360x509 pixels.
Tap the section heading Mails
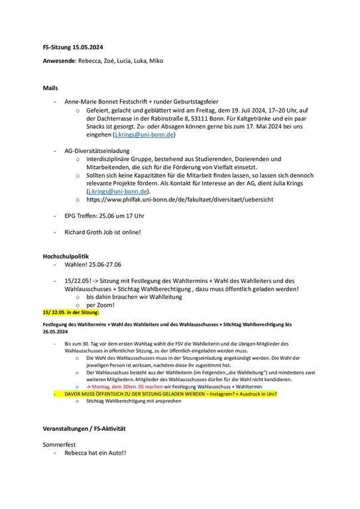click(x=50, y=87)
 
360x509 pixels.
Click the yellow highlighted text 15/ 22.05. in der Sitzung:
click(x=70, y=311)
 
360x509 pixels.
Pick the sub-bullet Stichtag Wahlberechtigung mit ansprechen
click(x=135, y=401)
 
